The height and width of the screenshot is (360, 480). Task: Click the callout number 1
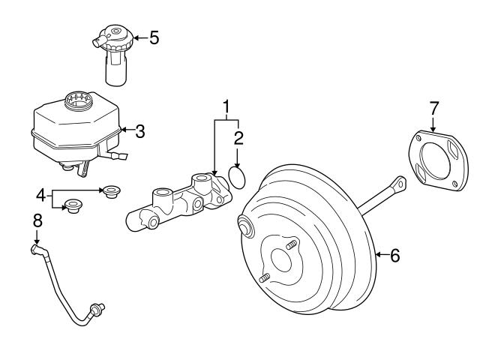(x=226, y=106)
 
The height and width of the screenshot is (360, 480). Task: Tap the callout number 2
(x=238, y=138)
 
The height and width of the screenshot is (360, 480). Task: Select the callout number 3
(x=139, y=131)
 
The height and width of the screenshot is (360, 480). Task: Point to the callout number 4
(x=40, y=196)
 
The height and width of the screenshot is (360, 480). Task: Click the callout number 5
(x=154, y=37)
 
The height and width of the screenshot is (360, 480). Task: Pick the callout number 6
(x=394, y=256)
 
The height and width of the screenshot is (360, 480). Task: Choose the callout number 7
(x=433, y=107)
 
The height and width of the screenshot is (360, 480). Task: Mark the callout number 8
(x=37, y=220)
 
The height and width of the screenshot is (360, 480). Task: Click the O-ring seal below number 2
(x=238, y=177)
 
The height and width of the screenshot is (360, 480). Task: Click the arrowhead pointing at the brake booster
(x=376, y=256)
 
